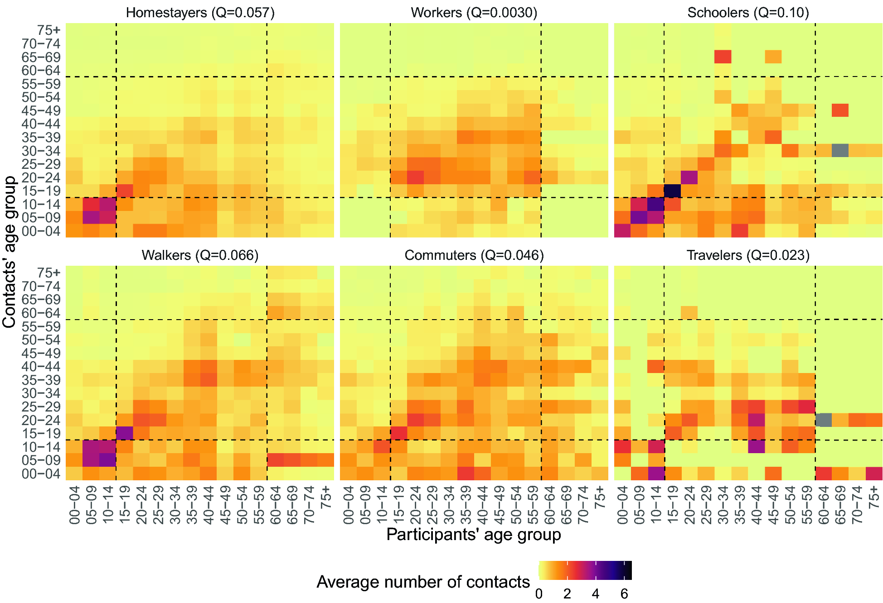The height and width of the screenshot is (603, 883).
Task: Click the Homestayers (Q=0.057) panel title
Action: pyautogui.click(x=200, y=12)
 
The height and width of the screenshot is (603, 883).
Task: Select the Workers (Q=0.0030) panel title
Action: pyautogui.click(x=474, y=12)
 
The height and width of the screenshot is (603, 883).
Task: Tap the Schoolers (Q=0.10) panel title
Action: pyautogui.click(x=748, y=12)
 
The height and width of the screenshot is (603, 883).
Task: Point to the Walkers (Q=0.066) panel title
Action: pyautogui.click(x=200, y=255)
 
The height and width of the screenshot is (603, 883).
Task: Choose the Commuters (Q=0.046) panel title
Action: pyautogui.click(x=474, y=255)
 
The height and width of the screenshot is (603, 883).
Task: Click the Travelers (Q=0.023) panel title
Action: pyautogui.click(x=748, y=255)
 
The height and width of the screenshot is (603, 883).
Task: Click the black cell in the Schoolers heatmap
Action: pyautogui.click(x=673, y=191)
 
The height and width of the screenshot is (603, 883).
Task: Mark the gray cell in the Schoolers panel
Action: pyautogui.click(x=840, y=150)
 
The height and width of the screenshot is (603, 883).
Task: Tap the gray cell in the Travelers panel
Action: pyautogui.click(x=824, y=420)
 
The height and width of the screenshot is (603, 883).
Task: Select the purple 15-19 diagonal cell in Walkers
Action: pyautogui.click(x=125, y=433)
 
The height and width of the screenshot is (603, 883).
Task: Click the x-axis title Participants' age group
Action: pyautogui.click(x=474, y=535)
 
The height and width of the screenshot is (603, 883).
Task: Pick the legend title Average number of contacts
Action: pyautogui.click(x=423, y=582)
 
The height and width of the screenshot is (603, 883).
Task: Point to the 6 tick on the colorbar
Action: pyautogui.click(x=624, y=594)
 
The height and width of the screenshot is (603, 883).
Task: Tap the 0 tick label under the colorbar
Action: pyautogui.click(x=539, y=594)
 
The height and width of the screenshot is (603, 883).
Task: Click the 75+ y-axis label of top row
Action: pyautogui.click(x=49, y=30)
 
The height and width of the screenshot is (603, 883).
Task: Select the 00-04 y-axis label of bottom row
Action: pyautogui.click(x=41, y=474)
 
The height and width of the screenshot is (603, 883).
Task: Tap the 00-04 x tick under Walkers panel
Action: pyautogui.click(x=75, y=505)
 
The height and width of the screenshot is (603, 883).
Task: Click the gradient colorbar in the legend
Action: pyautogui.click(x=585, y=570)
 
